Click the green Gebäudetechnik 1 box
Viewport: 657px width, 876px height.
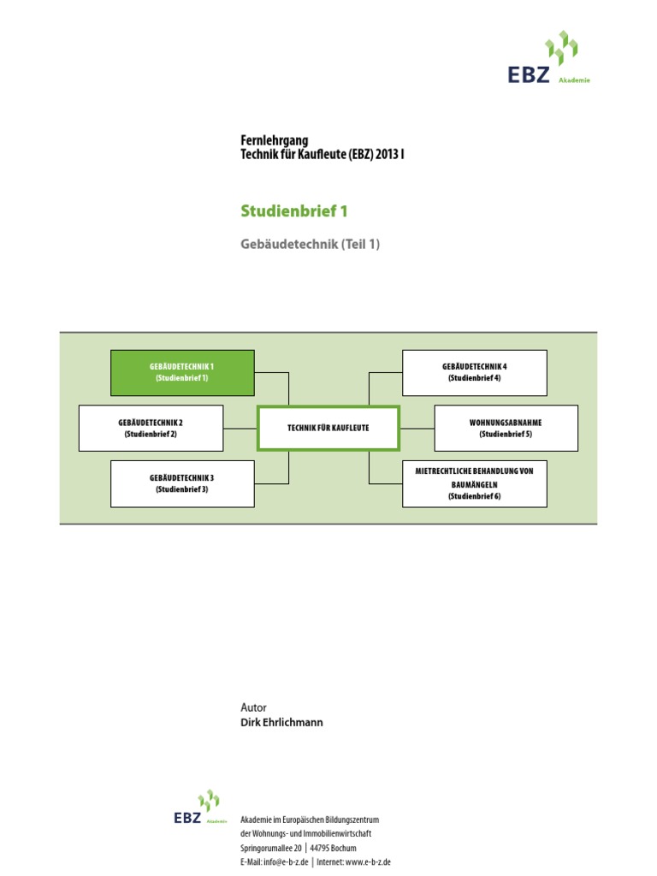pos(182,372)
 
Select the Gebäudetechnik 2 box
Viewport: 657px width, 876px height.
pos(151,428)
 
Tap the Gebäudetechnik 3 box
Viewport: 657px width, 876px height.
pos(182,483)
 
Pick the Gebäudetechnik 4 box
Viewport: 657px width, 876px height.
pos(474,372)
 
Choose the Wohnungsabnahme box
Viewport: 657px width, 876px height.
pos(506,428)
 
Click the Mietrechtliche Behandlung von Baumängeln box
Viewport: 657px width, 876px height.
pos(474,483)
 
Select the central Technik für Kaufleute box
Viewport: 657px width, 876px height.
pos(328,428)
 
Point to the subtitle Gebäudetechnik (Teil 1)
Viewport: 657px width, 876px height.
pos(310,245)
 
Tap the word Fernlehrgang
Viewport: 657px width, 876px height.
pos(274,140)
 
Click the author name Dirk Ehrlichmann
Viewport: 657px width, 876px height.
pos(282,722)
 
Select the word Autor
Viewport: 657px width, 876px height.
pos(254,707)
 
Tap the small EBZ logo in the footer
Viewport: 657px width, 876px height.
pos(199,808)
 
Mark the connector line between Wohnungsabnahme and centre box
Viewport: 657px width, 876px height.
pos(417,428)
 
